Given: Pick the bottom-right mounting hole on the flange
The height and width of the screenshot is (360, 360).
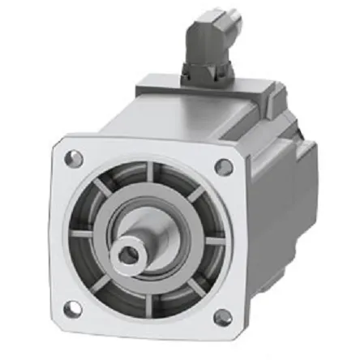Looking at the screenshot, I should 221,319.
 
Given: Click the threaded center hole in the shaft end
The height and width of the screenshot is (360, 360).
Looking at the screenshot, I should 128,257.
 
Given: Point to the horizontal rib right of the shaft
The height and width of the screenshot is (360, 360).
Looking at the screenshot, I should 213,243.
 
